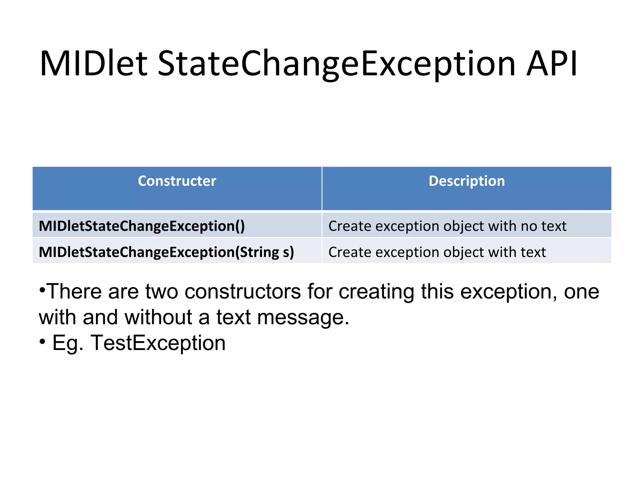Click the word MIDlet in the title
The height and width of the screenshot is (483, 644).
93,64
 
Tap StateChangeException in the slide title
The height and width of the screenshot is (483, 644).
336,64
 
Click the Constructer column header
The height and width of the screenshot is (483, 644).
177,181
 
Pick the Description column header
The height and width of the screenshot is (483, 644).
467,181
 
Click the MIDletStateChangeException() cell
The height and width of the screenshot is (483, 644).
142,226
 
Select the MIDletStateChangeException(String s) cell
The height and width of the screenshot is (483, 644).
166,252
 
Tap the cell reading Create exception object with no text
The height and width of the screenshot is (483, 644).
447,226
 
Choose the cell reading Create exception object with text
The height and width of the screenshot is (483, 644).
437,252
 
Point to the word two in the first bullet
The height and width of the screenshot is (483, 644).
161,291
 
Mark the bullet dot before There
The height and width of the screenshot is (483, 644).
42,289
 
